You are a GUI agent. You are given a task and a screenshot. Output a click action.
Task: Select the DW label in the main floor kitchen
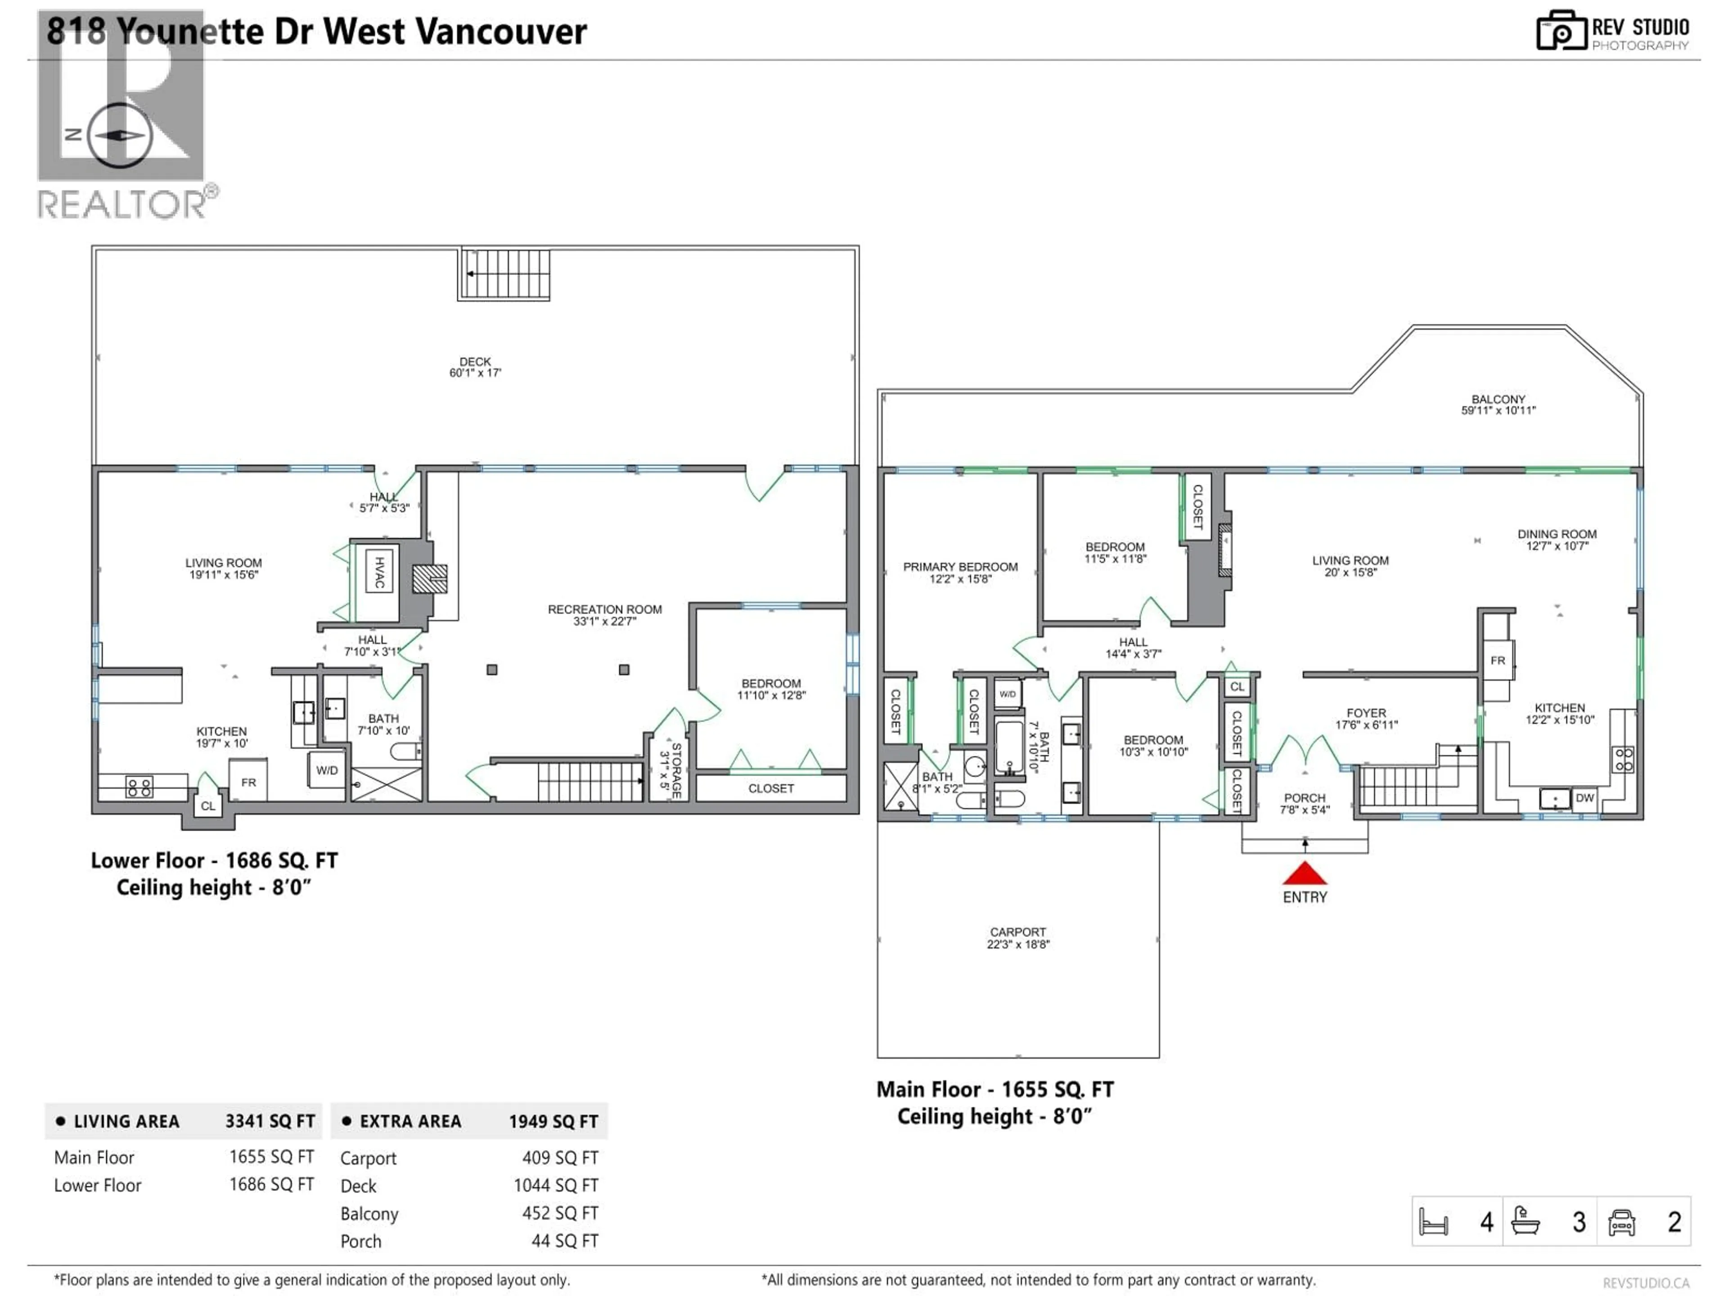(x=1584, y=797)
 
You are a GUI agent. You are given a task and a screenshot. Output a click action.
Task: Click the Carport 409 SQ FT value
(x=560, y=1158)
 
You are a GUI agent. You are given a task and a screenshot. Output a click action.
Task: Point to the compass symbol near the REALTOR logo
(x=120, y=135)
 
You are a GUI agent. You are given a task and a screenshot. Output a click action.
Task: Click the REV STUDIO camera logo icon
(x=1561, y=31)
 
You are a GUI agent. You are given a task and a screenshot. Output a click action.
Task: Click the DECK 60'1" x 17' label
(x=475, y=367)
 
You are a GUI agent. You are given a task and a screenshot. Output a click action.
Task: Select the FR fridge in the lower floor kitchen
(x=248, y=782)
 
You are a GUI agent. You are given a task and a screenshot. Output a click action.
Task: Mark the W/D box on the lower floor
(x=327, y=770)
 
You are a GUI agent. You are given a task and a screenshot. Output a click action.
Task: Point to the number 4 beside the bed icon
(x=1487, y=1222)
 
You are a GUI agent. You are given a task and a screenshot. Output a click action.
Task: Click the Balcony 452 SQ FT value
(x=560, y=1213)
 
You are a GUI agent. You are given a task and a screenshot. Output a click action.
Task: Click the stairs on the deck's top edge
(x=504, y=274)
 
